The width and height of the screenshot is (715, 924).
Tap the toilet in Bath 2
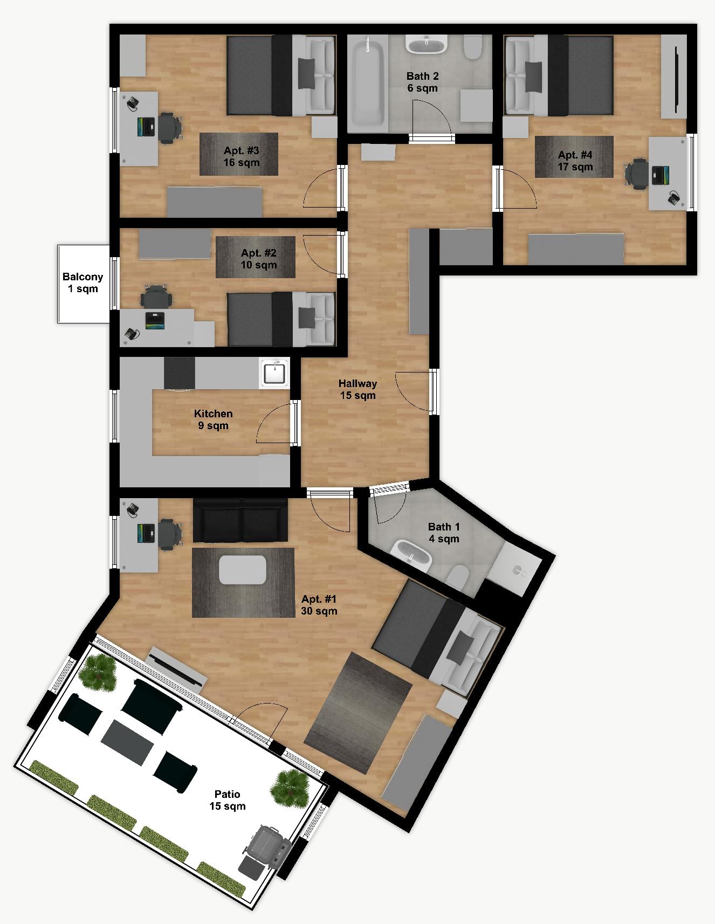473,47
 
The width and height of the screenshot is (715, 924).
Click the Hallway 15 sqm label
357,389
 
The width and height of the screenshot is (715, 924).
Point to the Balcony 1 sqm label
82,282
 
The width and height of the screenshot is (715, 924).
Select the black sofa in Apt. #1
240,521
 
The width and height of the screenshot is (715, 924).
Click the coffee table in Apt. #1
243,569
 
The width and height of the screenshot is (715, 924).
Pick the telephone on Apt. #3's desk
132,102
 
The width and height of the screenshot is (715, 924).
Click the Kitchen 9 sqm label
213,419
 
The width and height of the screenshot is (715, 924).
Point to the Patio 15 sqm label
227,800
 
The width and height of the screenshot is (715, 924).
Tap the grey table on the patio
128,742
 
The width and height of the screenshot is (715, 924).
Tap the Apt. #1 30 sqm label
319,605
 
